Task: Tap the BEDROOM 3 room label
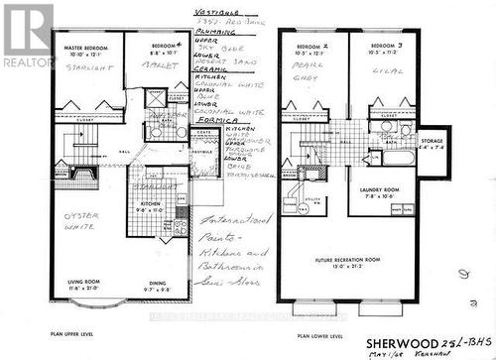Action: point(385,48)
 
